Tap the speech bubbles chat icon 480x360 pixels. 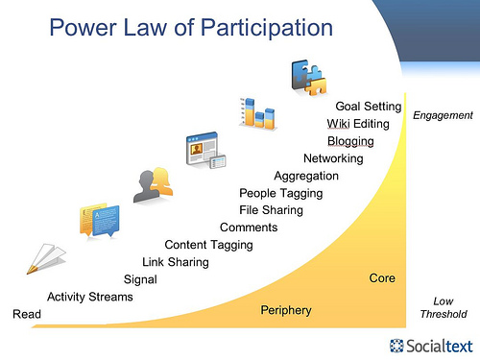point(99,221)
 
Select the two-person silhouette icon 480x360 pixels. point(153,185)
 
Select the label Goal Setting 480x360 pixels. point(367,106)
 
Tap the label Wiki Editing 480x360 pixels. point(357,124)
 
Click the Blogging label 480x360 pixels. point(356,141)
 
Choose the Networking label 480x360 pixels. point(333,158)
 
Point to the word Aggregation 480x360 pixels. point(306,176)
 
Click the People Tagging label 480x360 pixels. point(280,193)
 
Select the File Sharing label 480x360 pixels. point(271,210)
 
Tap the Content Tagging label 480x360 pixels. point(208,245)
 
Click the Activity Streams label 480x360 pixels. point(90,297)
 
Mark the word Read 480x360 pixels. point(26,314)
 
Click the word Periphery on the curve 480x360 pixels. point(286,310)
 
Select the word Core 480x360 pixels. point(382,278)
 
